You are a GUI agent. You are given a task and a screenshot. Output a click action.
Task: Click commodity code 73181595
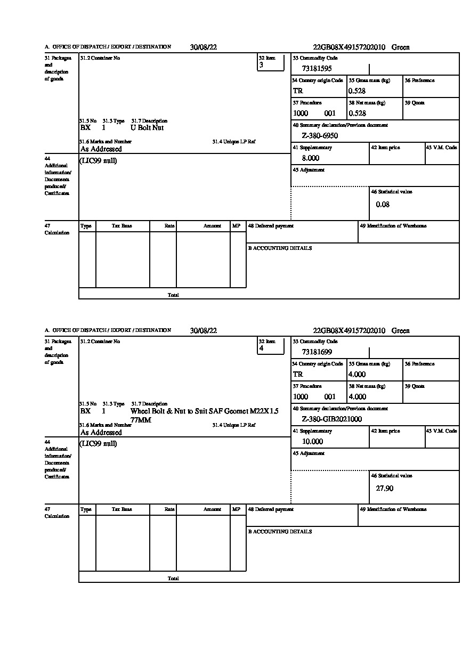coord(317,69)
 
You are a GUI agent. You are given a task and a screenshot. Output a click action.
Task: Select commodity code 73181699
coord(317,352)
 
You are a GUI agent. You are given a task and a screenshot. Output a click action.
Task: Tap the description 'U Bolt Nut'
coord(147,128)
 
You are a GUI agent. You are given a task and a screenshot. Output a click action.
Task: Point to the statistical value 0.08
coord(383,205)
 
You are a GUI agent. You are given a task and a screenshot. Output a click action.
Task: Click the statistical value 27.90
coord(384,488)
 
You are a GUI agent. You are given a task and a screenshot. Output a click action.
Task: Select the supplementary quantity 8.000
coord(310,158)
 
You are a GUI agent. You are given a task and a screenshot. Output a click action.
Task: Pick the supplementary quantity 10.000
coord(312,442)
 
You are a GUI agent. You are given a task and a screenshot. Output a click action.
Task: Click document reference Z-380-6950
coord(320,136)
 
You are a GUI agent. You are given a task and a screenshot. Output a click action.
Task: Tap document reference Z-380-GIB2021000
coord(331,419)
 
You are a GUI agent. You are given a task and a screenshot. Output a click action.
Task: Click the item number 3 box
coord(271,63)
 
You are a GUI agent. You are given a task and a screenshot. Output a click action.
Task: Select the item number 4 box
coord(271,346)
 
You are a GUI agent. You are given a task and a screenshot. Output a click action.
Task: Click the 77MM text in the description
coord(141,420)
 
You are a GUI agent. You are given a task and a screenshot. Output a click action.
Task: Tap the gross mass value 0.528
coord(357,91)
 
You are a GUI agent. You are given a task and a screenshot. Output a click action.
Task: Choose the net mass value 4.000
coord(357,397)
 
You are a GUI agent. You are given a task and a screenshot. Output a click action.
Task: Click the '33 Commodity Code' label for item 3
coord(315,58)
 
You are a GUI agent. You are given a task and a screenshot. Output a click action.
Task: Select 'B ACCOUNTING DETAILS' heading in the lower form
coord(280,532)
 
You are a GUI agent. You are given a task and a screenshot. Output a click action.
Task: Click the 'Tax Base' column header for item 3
coord(122,226)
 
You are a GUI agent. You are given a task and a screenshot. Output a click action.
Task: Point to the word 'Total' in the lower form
coord(173,579)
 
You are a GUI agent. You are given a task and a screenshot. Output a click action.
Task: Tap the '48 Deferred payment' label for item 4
coord(271,509)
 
